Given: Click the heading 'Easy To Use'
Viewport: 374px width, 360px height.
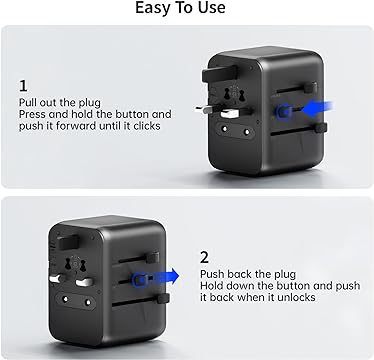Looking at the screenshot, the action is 180,8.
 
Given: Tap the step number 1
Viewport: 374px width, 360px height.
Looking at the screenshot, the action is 23,86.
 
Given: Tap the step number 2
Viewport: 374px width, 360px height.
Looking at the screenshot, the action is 204,258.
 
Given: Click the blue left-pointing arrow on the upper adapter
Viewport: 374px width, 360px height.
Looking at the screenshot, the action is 317,109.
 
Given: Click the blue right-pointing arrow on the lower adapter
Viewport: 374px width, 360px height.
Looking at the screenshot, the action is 163,276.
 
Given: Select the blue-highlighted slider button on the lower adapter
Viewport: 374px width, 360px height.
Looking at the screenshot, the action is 139,279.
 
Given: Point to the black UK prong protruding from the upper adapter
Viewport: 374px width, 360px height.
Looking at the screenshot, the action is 220,74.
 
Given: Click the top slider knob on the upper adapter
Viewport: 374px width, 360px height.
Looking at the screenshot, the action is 310,88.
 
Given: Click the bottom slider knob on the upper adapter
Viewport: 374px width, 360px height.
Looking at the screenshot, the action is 320,128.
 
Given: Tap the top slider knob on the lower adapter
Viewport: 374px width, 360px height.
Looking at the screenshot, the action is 153,258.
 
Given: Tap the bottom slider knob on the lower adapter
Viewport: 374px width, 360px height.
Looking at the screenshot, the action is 163,298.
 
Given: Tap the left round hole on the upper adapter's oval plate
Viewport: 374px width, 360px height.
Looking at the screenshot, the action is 224,128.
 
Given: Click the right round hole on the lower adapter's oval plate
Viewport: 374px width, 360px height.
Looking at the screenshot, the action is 88,303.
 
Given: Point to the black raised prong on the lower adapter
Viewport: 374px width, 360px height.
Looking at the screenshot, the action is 68,242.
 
